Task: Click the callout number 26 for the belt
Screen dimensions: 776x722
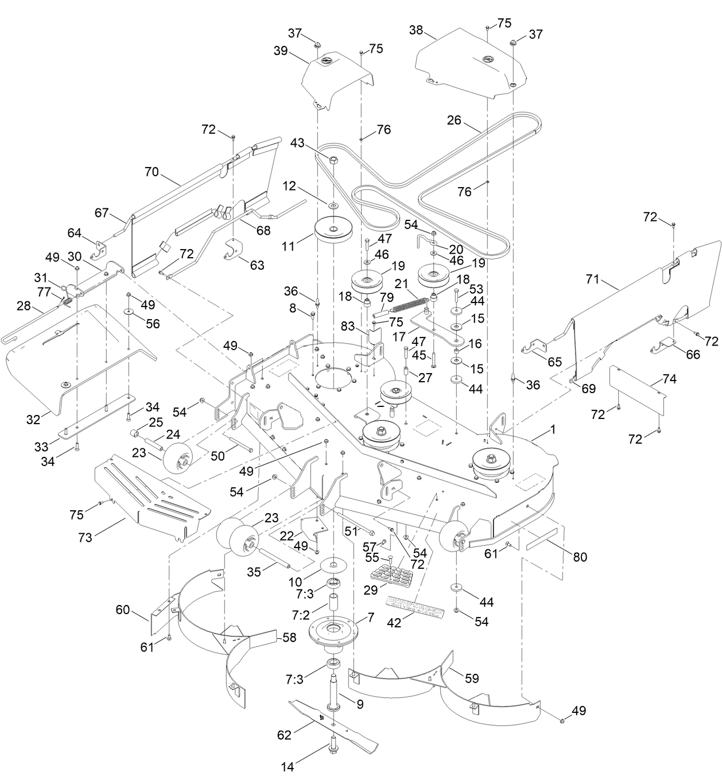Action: [454, 121]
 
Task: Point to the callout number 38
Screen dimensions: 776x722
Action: [416, 30]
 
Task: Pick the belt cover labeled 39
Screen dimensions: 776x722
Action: [336, 77]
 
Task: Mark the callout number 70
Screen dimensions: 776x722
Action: [151, 172]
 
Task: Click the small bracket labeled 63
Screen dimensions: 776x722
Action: [234, 248]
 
